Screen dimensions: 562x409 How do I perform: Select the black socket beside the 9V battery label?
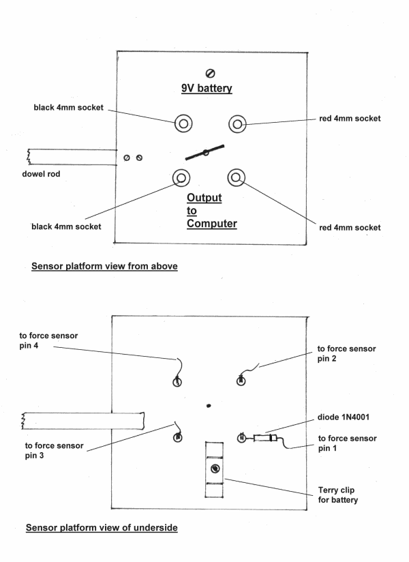pos(183,123)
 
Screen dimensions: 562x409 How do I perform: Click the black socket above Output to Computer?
pos(181,179)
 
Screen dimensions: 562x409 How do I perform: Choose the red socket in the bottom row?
pos(237,179)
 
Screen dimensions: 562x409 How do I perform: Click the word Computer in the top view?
pos(212,223)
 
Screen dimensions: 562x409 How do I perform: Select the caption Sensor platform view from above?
pos(104,267)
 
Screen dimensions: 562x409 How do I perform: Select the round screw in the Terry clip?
pos(215,469)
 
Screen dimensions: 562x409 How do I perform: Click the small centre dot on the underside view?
pos(209,405)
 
